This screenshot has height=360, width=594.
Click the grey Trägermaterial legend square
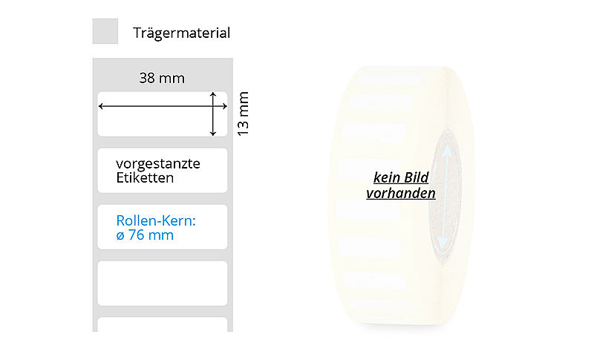(105, 32)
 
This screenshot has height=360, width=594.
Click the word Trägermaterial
(181, 33)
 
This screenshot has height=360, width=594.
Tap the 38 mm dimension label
(162, 78)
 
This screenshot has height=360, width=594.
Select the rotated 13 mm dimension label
(243, 113)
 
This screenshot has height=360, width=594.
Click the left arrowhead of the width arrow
(101, 107)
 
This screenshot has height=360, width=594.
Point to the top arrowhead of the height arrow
(214, 94)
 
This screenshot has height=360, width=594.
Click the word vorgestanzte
(157, 163)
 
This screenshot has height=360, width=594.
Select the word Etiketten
(145, 178)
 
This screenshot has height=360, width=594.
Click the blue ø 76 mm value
(145, 235)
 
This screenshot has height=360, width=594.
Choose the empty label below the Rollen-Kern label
(162, 283)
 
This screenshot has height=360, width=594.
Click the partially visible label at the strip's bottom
(162, 324)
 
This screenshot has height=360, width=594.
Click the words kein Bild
(401, 178)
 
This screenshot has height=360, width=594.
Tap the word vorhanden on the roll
(401, 194)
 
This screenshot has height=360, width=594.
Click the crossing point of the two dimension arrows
(214, 107)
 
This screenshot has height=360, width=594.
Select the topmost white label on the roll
(386, 79)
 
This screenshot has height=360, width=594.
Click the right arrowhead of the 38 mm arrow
(223, 107)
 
